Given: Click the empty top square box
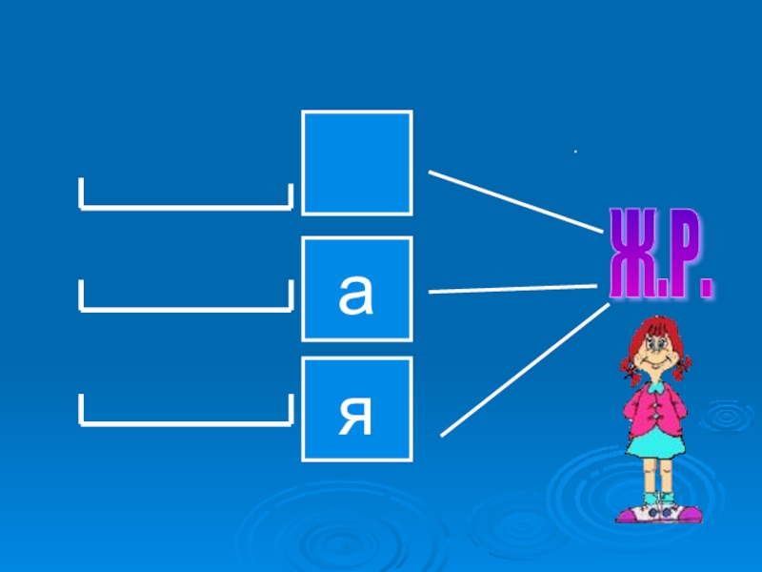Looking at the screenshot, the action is pos(357,162).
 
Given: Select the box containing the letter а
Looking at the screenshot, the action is pos(357,290).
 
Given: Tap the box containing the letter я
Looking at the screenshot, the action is pos(357,410).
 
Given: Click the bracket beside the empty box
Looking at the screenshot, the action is pos(185,203).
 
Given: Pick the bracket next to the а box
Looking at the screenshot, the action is pos(185,306).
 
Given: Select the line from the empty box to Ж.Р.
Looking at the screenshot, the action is pos(514,200).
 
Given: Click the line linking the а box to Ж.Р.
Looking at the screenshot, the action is pos(514,289).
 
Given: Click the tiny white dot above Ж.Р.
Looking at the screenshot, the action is pos(575,152).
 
